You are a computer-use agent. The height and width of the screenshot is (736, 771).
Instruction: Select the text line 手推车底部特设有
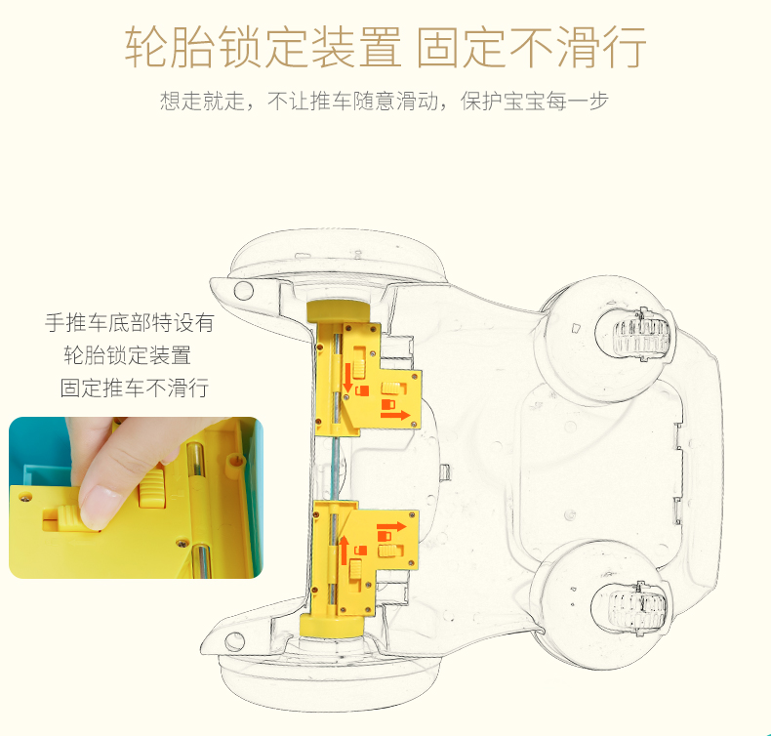[130, 322]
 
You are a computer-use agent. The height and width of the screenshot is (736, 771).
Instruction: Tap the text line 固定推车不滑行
[135, 388]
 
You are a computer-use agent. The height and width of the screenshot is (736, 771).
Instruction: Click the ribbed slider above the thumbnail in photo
[153, 488]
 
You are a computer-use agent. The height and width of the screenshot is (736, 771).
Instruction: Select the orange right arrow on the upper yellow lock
[394, 415]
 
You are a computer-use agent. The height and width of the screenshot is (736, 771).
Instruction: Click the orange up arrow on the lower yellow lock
[345, 549]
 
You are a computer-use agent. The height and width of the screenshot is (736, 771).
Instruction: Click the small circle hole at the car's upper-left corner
[244, 291]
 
